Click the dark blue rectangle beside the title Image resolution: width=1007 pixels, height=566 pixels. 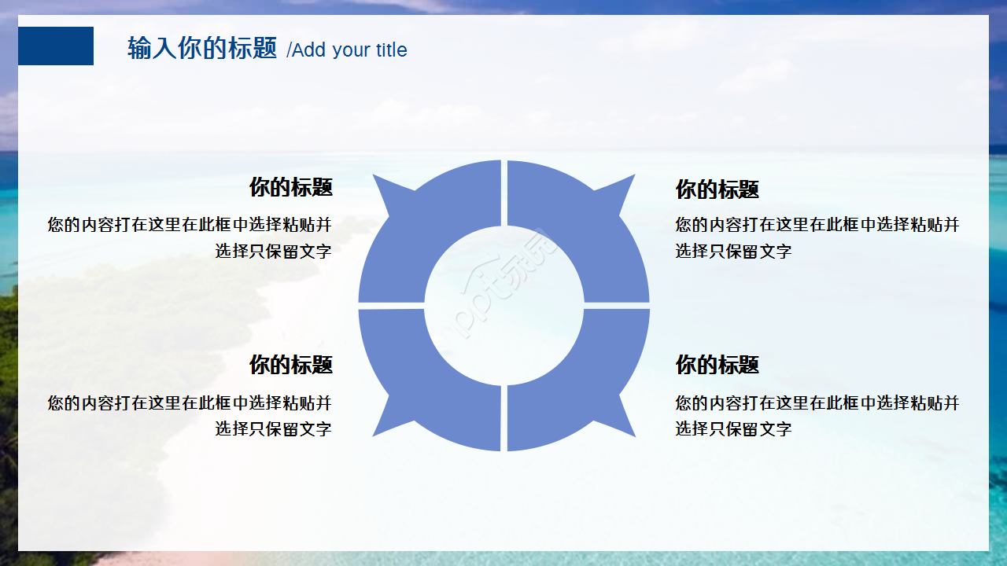point(56,46)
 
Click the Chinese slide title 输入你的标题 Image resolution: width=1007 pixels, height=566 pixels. point(202,49)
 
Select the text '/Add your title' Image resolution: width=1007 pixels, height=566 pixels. point(347,50)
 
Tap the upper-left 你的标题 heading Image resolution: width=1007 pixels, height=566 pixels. point(290,187)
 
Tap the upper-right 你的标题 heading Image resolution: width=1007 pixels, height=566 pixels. point(717,189)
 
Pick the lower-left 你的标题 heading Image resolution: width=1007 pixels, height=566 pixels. point(290,365)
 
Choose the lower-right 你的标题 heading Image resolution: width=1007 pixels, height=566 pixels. point(717,365)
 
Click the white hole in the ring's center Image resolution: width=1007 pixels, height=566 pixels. point(504,306)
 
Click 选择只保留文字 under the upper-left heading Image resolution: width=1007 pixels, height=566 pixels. point(273,252)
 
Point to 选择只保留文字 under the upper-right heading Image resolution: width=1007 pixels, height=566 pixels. point(733,252)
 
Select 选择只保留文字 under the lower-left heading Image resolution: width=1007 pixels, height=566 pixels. point(273,429)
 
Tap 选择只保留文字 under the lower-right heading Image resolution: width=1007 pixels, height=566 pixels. point(733,429)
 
